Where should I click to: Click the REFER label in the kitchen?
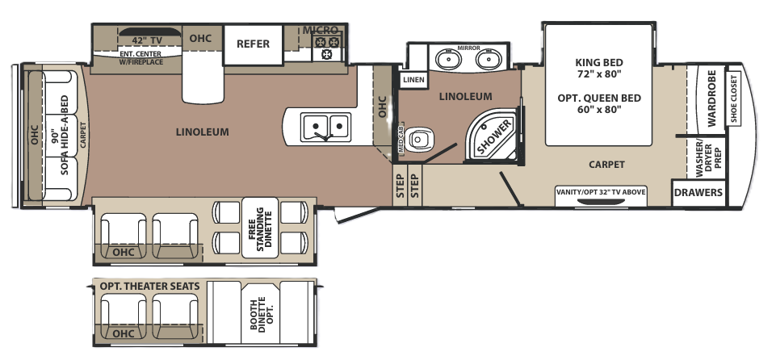pos(253,44)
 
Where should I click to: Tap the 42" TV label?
pos(147,40)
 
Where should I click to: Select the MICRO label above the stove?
pos(321,30)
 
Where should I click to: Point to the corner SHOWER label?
pos(495,135)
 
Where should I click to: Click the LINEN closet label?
pos(413,80)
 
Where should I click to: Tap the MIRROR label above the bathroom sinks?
pos(468,48)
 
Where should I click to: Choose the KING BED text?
pos(599,63)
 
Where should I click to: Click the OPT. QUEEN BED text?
pos(599,98)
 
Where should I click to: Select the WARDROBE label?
pos(711,98)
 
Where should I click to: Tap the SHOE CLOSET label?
pos(733,98)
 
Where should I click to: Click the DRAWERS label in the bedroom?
pos(698,192)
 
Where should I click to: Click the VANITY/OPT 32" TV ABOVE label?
pos(601,192)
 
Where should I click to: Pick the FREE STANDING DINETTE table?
pos(260,228)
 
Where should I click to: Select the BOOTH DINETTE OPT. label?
pos(260,315)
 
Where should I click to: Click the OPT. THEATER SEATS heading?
pos(150,287)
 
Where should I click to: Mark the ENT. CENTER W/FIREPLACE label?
pos(141,58)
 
